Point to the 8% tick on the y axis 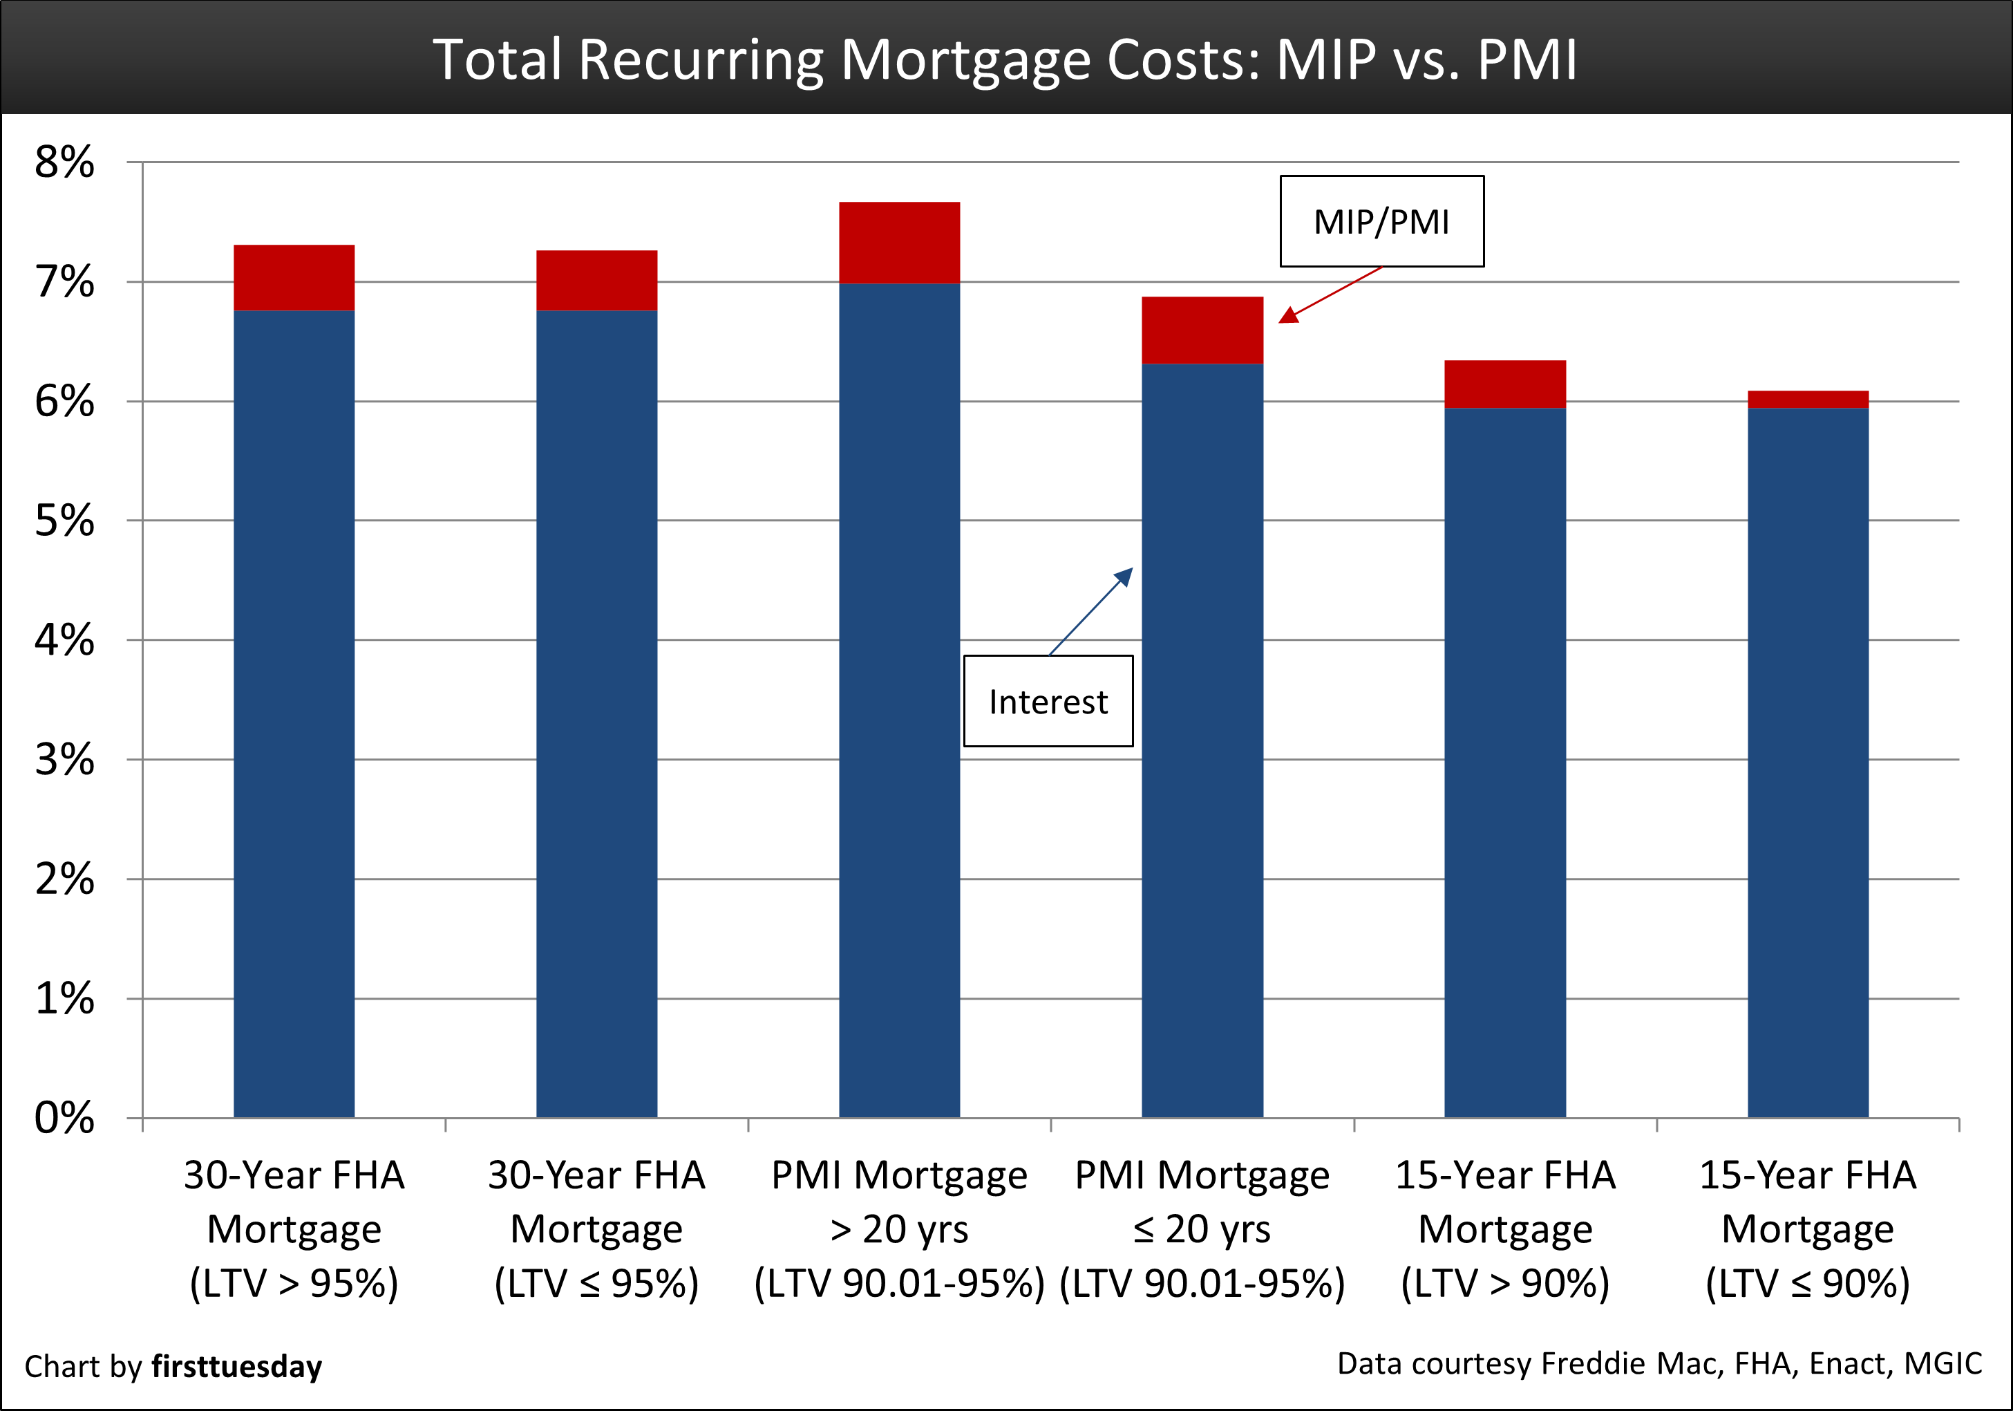pos(65,162)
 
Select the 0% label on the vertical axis pos(65,1118)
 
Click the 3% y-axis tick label pos(65,760)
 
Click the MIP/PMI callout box pos(1382,221)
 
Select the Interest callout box pos(1048,702)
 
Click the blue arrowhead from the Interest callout pos(1124,576)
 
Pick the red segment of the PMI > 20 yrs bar pos(900,243)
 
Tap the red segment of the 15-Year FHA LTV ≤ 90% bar pos(1808,400)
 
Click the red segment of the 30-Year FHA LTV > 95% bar pos(294,277)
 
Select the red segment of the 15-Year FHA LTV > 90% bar pos(1504,384)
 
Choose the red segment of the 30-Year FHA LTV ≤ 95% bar pos(596,281)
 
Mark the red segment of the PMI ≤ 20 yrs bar pos(1202,330)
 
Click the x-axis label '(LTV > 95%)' pos(294,1283)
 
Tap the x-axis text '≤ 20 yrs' pos(1202,1229)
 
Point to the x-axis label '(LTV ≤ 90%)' pos(1808,1283)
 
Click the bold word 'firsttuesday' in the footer pos(237,1366)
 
